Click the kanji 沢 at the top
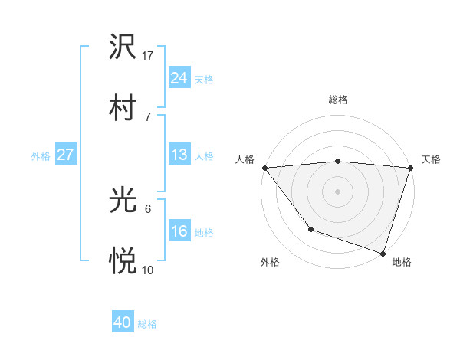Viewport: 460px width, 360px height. click(x=123, y=49)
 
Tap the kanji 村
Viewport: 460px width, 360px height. click(x=123, y=108)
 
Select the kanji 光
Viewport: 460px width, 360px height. click(x=123, y=201)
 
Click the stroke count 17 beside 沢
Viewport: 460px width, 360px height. click(x=148, y=56)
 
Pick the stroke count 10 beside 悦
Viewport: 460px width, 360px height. click(x=148, y=270)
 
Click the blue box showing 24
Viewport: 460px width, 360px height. click(x=179, y=78)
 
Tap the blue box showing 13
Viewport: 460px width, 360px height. click(x=179, y=155)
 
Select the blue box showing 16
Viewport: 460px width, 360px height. click(x=179, y=231)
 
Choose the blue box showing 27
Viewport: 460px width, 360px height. click(x=65, y=155)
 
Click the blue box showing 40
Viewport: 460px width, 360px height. click(x=123, y=323)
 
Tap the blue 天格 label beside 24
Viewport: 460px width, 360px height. click(x=204, y=80)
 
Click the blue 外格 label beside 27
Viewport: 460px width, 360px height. click(x=41, y=156)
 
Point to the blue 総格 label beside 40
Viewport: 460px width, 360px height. click(x=148, y=324)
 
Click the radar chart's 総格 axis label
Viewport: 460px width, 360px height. click(x=338, y=100)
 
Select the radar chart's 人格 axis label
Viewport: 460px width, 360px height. click(x=245, y=159)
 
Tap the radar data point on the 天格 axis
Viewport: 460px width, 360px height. click(x=411, y=168)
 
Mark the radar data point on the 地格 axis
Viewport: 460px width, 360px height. click(x=383, y=253)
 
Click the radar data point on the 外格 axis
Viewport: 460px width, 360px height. click(x=310, y=228)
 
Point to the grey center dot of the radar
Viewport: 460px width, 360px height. click(x=337, y=191)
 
